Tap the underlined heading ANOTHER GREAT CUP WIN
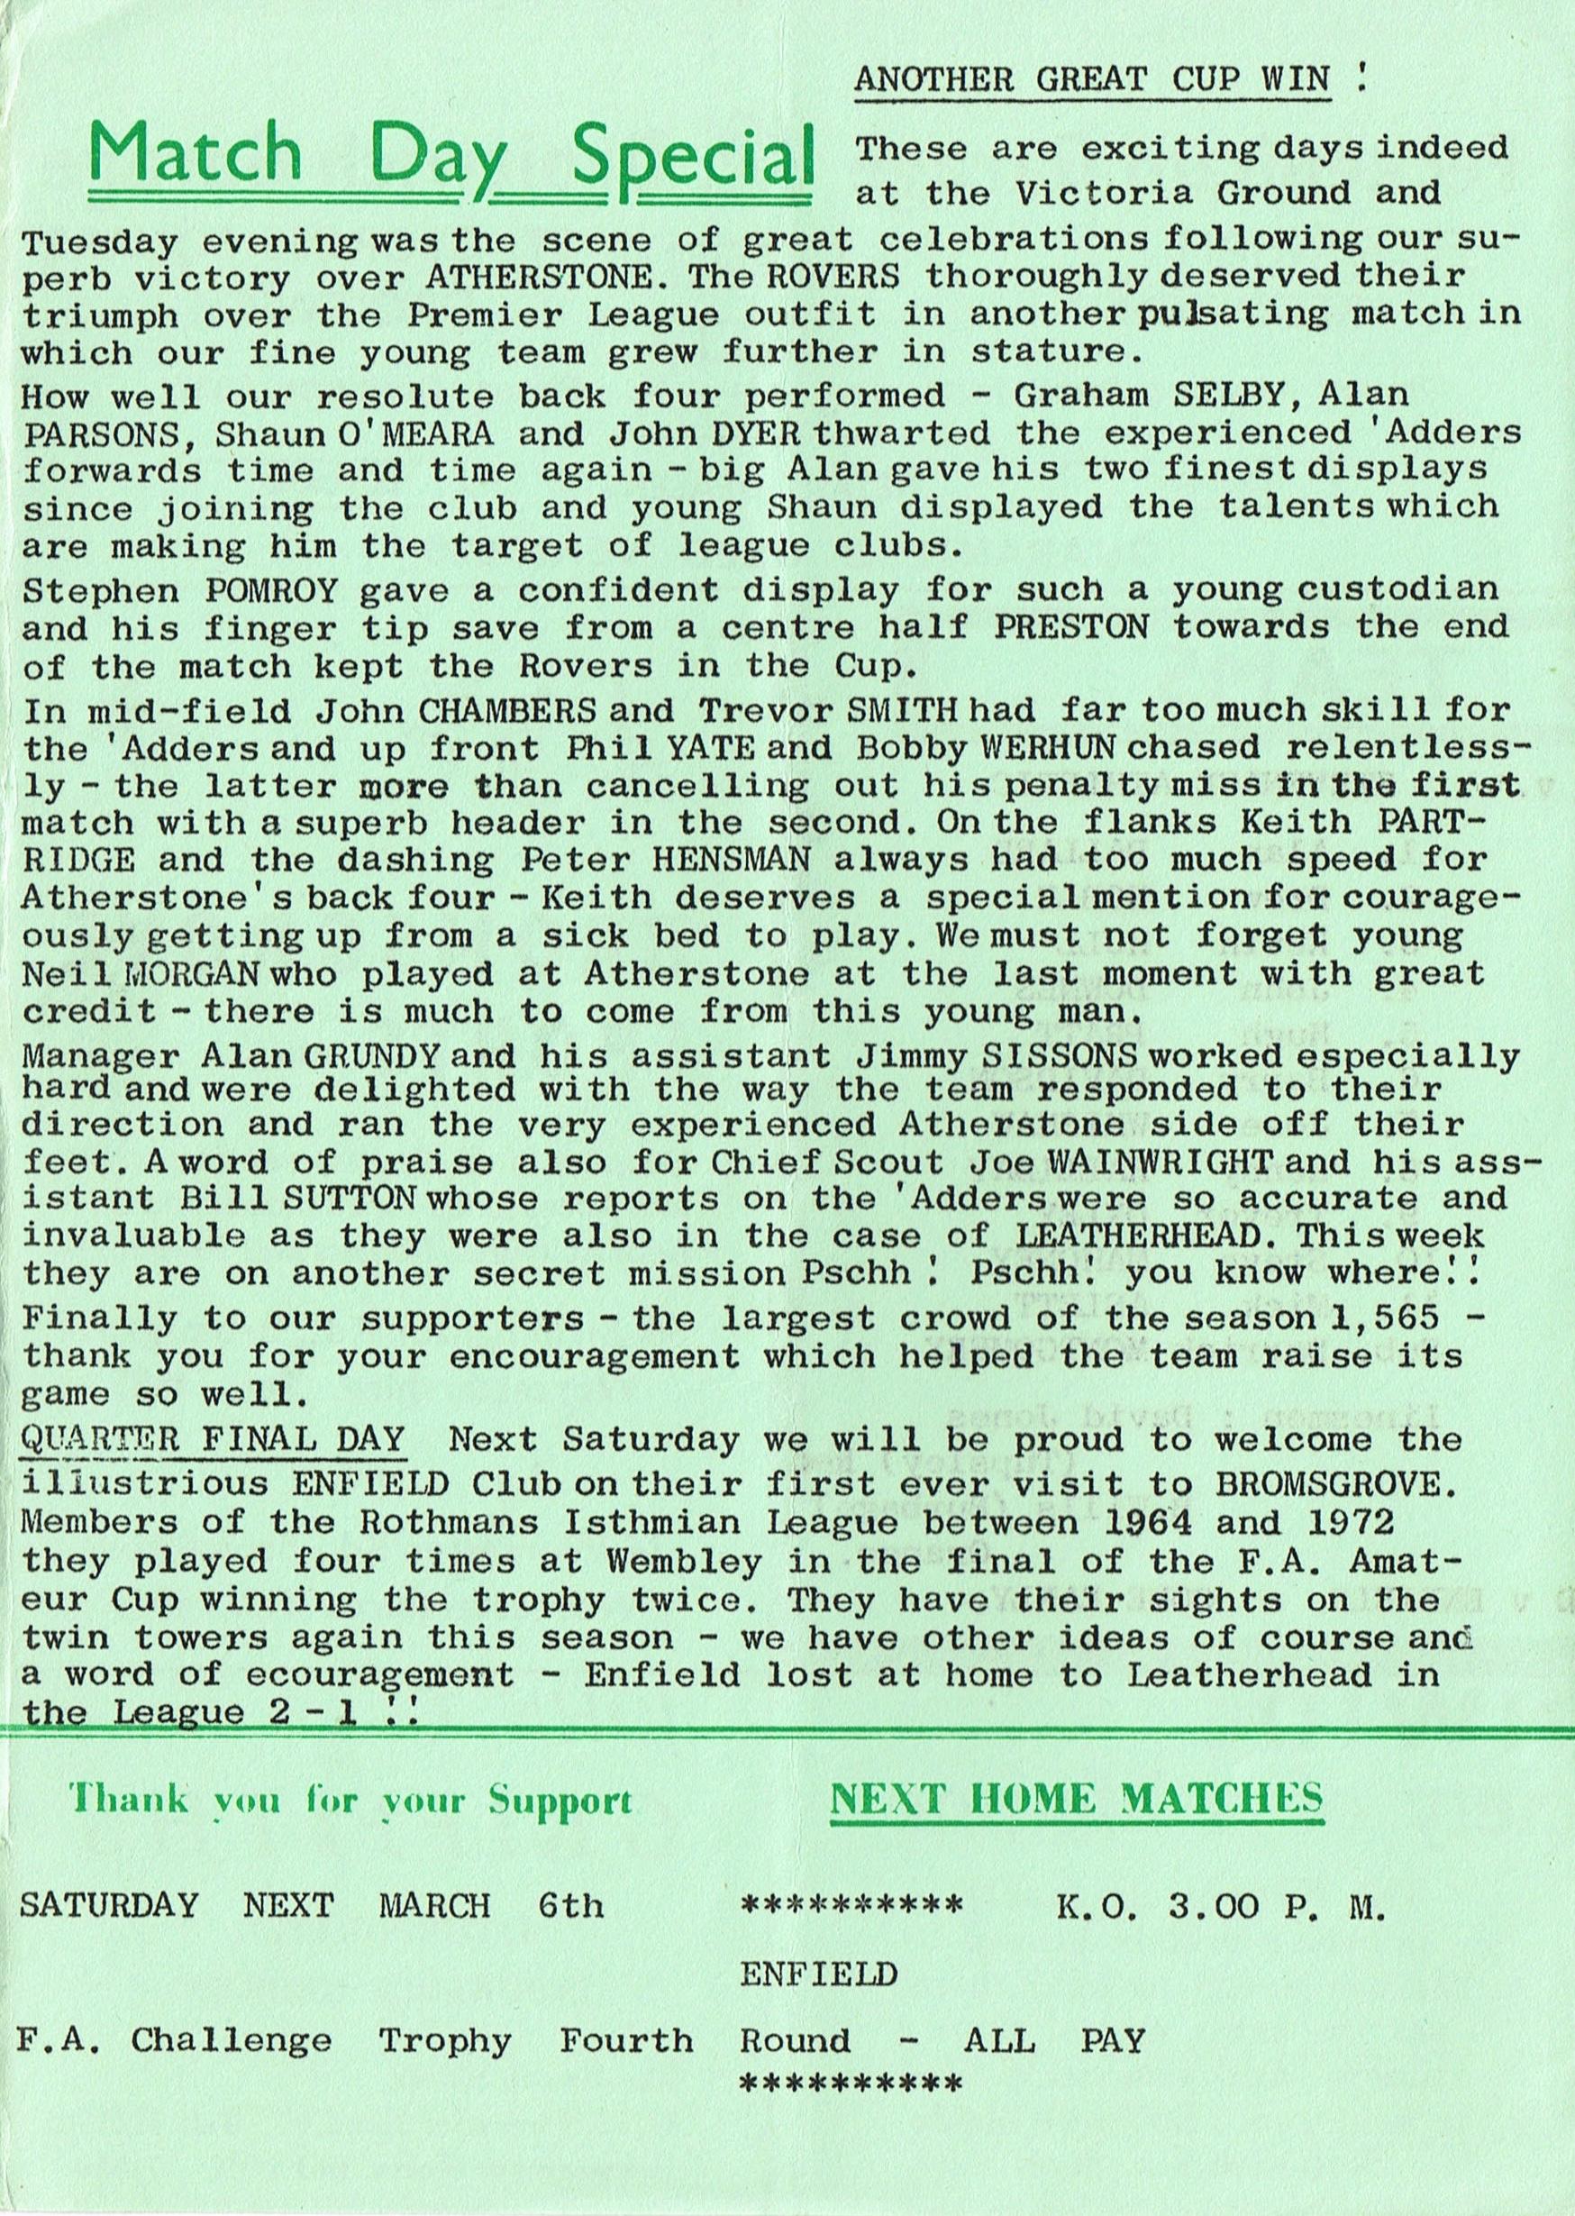coord(1091,78)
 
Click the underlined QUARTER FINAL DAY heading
coord(212,1439)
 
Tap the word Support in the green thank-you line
coord(560,1801)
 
